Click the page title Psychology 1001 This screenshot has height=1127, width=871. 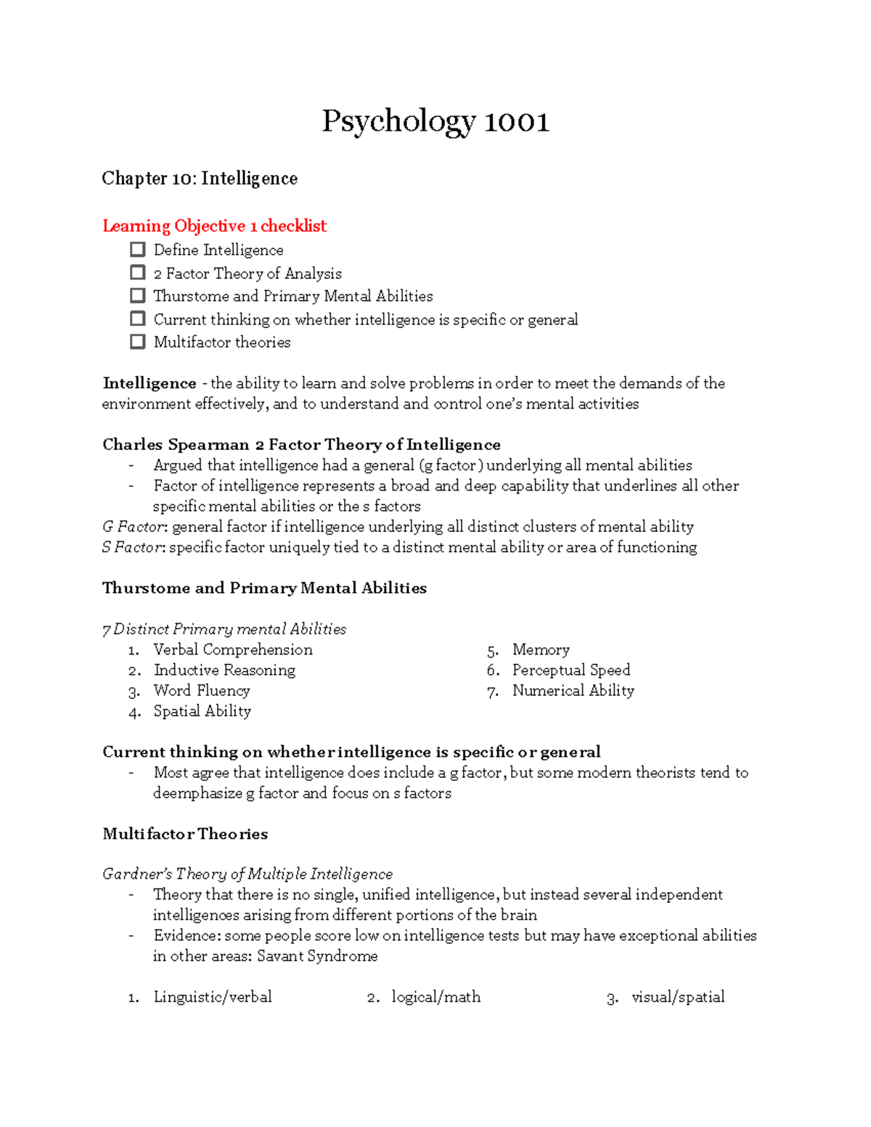click(435, 121)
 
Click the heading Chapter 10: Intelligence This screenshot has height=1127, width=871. click(200, 179)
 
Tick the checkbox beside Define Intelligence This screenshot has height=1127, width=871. click(138, 250)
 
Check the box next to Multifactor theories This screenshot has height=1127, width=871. click(138, 342)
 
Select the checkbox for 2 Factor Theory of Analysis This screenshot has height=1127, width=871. click(138, 273)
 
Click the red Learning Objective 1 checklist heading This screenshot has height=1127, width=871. click(214, 226)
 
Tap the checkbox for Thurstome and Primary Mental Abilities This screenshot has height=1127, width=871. click(138, 296)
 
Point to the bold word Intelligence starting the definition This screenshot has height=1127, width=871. click(150, 383)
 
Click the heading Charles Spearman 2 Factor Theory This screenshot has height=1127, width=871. click(301, 444)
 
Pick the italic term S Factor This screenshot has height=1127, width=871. click(134, 547)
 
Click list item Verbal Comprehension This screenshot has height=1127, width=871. click(233, 649)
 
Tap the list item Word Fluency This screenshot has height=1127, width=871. click(202, 691)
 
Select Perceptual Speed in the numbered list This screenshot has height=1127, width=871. click(571, 670)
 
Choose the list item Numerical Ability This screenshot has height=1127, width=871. click(573, 691)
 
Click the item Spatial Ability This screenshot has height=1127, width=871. click(202, 711)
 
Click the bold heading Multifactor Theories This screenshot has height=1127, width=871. click(185, 834)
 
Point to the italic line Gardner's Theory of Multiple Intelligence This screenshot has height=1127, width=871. click(248, 874)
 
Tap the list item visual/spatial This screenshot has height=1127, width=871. click(678, 997)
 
